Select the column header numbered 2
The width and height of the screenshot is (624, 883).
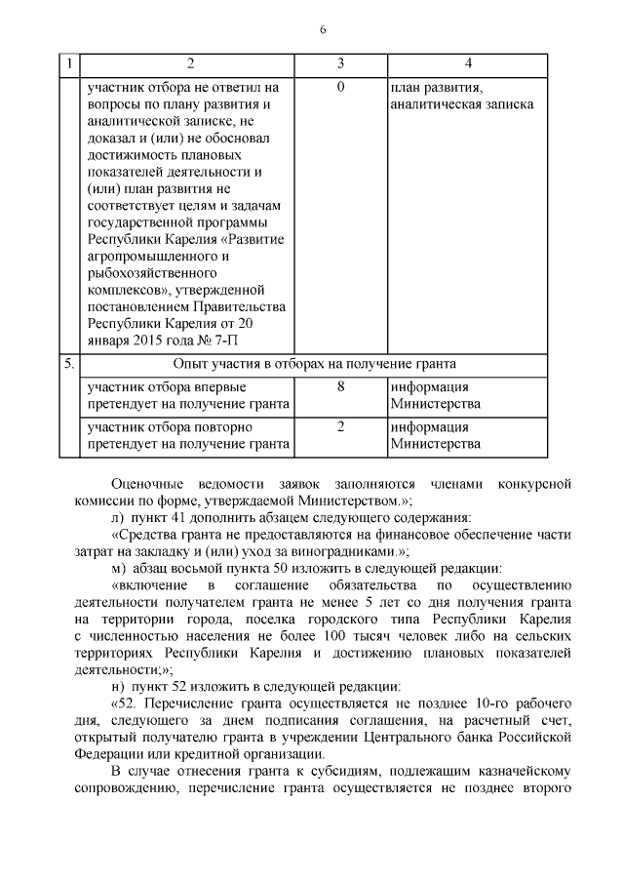[190, 64]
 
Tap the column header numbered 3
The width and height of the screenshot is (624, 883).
[340, 64]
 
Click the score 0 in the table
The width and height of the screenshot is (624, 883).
[340, 88]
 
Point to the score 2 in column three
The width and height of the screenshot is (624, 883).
[340, 427]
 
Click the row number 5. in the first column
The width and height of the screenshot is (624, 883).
[69, 364]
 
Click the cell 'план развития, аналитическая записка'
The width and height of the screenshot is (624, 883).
[461, 96]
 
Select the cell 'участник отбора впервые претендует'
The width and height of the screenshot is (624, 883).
[188, 394]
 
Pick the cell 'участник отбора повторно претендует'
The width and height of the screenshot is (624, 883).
[188, 436]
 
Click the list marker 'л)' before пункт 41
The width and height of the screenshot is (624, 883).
[118, 516]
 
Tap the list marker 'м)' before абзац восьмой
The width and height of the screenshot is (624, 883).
[119, 567]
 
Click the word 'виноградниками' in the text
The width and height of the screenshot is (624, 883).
[326, 550]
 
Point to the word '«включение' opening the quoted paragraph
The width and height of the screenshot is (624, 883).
[147, 583]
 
